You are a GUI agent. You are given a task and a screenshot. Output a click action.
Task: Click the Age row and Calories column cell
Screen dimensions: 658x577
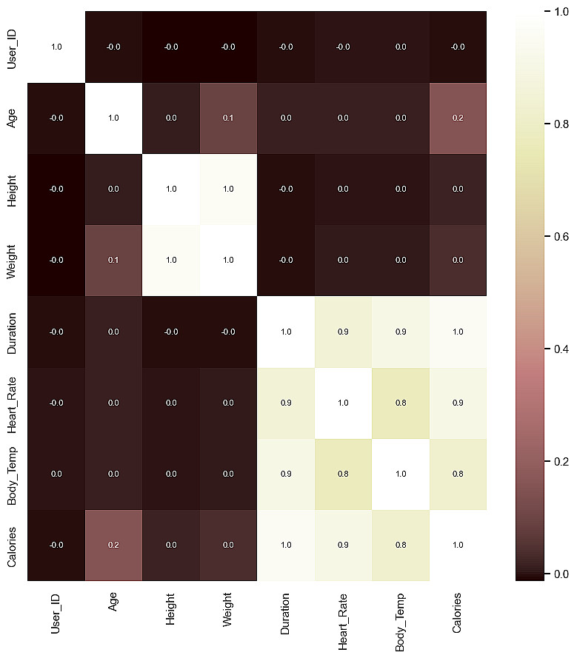point(458,118)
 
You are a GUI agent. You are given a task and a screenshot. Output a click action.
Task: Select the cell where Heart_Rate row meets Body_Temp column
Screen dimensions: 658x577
point(401,403)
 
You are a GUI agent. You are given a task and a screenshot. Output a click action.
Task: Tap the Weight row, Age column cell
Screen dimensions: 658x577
point(113,261)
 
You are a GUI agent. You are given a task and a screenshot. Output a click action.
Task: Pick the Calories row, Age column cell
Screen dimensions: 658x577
point(113,545)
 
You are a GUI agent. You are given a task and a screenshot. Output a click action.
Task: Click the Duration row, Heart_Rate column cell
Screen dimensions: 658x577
point(343,332)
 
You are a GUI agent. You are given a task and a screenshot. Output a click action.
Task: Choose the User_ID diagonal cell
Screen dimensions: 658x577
point(56,47)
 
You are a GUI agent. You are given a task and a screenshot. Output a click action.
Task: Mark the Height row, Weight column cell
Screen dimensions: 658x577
point(228,189)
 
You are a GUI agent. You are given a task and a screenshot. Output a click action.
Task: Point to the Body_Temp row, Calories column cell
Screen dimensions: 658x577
point(458,474)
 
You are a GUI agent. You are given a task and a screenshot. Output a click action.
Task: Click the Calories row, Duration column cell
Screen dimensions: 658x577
point(286,545)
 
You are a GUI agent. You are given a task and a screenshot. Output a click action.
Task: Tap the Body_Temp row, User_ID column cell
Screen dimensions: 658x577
point(56,474)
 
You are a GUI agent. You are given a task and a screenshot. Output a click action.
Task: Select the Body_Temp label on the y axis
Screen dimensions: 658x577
point(12,474)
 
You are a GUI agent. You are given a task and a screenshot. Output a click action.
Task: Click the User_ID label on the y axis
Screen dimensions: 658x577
point(12,47)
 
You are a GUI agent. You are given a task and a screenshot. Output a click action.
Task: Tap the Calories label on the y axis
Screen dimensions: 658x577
point(12,545)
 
